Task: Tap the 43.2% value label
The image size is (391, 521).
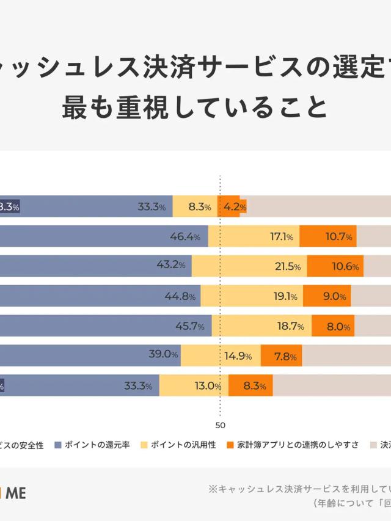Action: [171, 266]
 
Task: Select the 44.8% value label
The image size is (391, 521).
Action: [180, 296]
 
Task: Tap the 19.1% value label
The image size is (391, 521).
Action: [285, 296]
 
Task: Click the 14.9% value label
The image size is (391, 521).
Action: [239, 356]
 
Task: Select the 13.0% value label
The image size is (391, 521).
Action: [207, 385]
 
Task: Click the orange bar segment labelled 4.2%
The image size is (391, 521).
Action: [232, 206]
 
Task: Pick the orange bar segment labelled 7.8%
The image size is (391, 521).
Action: [282, 355]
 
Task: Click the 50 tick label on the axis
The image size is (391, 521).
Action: [220, 426]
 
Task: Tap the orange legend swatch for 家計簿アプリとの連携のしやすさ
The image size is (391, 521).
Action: [230, 445]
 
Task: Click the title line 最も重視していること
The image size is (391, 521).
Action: [195, 107]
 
